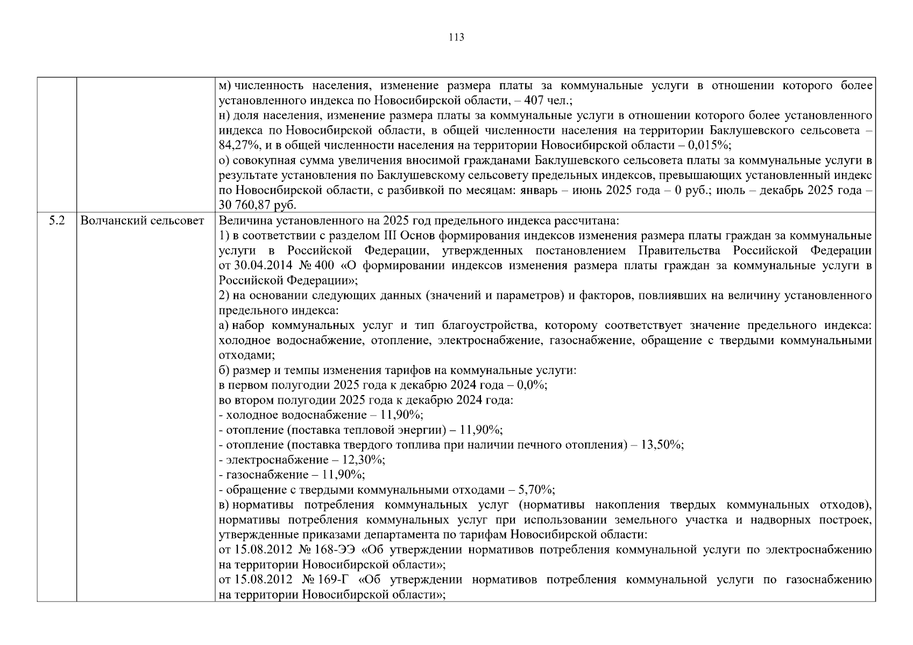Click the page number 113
[456, 38]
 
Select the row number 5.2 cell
[56, 220]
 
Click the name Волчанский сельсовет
[143, 220]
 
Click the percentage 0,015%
[710, 145]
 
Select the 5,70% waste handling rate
[536, 490]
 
